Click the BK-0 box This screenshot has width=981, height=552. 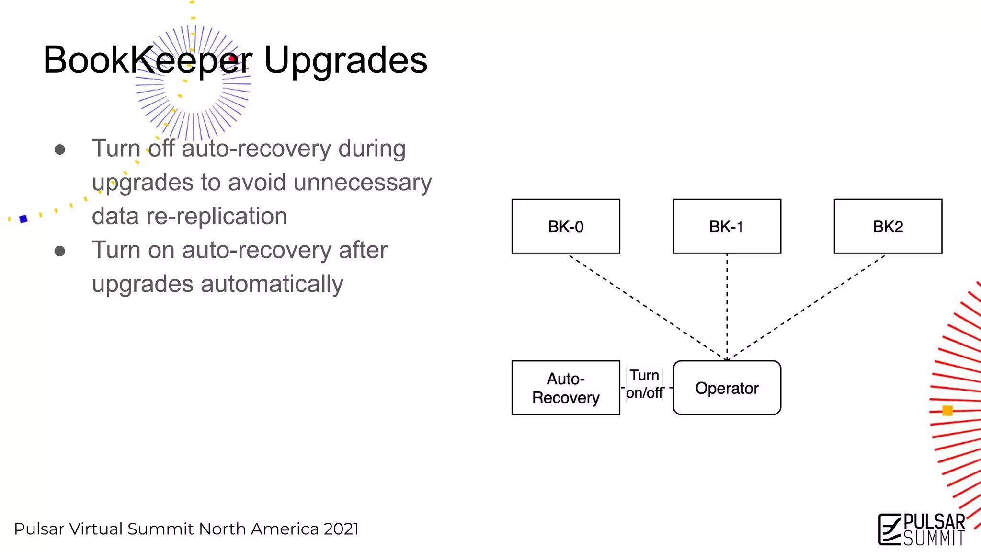click(x=566, y=226)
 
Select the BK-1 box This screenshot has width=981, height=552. click(x=727, y=226)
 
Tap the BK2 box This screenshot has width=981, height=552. click(x=888, y=226)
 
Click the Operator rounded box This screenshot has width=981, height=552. click(x=727, y=388)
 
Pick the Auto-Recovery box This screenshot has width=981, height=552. click(x=566, y=388)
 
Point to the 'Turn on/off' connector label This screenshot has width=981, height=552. click(x=645, y=384)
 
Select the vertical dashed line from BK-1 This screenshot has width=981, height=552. click(x=727, y=307)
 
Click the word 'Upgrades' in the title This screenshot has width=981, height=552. click(x=345, y=60)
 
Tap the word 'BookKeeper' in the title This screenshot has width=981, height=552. click(x=148, y=60)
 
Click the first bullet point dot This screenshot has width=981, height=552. click(x=60, y=150)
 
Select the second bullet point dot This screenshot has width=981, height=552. click(x=60, y=251)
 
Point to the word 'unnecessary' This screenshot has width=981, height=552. click(x=363, y=183)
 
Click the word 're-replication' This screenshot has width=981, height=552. click(x=217, y=216)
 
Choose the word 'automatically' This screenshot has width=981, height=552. click(x=272, y=284)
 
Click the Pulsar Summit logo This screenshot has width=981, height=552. click(x=922, y=529)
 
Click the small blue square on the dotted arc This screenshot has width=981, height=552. click(x=23, y=219)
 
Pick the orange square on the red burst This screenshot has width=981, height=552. click(x=947, y=411)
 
